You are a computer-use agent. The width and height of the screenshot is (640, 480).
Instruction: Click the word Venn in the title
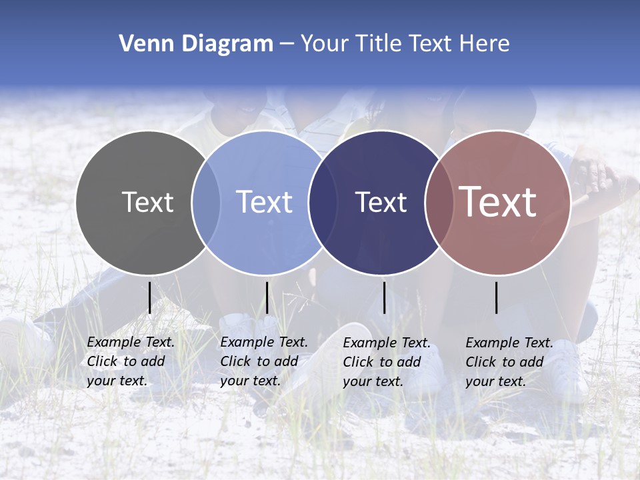click(x=143, y=44)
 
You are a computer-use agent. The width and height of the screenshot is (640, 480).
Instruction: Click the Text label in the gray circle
click(x=147, y=202)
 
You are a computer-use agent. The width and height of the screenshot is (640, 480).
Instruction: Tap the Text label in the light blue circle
click(x=264, y=202)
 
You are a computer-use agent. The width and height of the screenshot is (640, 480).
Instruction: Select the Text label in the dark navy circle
click(x=381, y=202)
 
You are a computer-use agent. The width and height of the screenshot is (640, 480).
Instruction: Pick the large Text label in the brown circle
click(x=498, y=202)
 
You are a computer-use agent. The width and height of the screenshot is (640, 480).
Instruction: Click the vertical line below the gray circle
click(x=149, y=297)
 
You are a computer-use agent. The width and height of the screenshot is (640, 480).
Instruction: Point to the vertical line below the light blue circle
click(x=267, y=297)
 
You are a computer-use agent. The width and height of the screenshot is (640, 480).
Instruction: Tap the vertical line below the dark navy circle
click(x=384, y=297)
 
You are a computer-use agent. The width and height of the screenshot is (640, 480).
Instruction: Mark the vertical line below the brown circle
click(x=496, y=297)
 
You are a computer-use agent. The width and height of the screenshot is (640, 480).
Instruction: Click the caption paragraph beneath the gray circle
click(x=131, y=361)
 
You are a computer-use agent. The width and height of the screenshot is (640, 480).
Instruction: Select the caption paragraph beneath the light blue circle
click(x=264, y=361)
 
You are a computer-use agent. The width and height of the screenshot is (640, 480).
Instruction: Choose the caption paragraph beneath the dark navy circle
click(x=387, y=362)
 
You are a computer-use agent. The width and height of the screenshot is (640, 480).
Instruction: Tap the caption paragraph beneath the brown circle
click(x=509, y=362)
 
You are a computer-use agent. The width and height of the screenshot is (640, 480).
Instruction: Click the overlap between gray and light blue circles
click(x=206, y=202)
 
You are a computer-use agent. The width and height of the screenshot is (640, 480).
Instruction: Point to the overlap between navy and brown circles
click(x=437, y=202)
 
